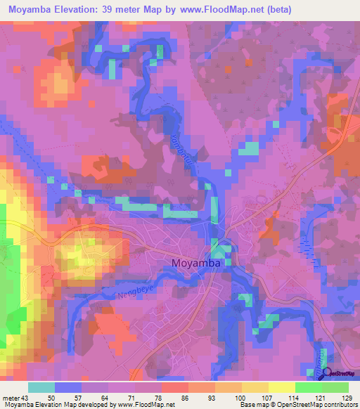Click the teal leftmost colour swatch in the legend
click(41, 387)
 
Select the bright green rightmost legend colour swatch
click(335, 387)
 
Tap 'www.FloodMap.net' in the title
click(217, 11)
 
